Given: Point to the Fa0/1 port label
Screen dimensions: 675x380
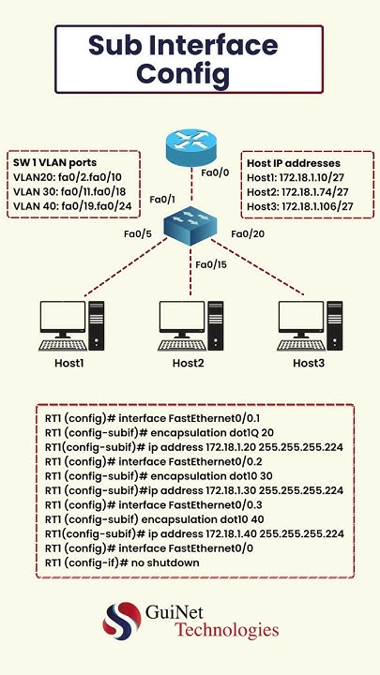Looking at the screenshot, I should [163, 200].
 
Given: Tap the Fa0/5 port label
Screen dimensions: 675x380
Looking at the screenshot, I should [139, 233].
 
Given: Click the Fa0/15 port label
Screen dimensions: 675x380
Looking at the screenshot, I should [211, 264].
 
